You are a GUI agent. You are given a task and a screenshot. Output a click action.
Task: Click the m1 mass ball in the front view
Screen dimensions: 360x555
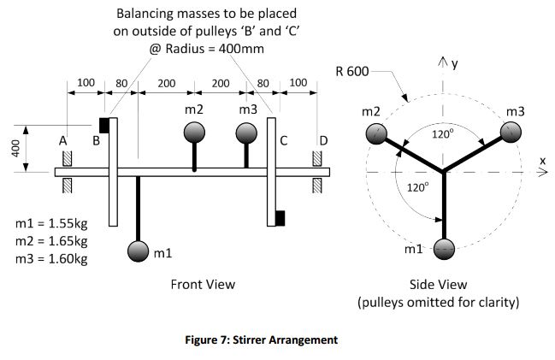coord(138,251)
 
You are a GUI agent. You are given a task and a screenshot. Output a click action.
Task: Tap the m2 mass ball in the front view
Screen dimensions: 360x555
coord(195,133)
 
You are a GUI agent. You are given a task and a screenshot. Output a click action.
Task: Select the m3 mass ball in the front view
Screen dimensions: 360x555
coord(246,133)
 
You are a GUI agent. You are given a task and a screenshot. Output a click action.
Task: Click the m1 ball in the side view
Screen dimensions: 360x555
coord(444,249)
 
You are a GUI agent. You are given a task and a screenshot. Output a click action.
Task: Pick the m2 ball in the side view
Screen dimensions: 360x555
coord(377,133)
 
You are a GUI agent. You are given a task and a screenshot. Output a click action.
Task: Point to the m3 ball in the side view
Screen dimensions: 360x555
coord(511,132)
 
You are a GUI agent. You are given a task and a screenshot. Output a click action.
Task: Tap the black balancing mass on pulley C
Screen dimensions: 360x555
coord(280,218)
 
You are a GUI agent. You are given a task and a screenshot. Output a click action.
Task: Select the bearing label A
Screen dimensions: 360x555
coord(63,140)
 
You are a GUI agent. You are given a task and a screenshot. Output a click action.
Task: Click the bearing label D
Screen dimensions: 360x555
coord(322,140)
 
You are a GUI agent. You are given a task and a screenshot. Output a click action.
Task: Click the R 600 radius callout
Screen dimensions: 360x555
coord(352,70)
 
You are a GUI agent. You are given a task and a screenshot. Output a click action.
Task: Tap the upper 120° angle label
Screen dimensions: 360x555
coord(442,134)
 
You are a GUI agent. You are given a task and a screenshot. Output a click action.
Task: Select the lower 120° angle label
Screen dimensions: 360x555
coord(417,187)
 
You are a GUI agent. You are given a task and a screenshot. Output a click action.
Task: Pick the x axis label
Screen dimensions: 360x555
coord(541,160)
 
